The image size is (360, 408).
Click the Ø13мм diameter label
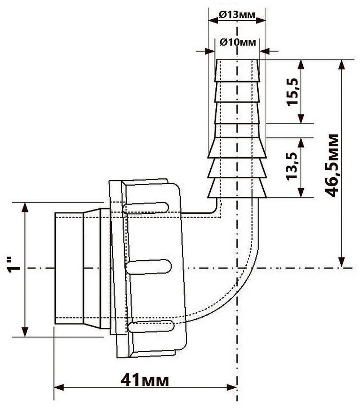coord(237,15)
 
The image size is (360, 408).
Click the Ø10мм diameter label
coord(237,42)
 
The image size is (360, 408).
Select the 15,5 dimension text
coord(292,91)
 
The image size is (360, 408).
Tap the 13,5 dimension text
coord(292,166)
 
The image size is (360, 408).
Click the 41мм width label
coord(145,381)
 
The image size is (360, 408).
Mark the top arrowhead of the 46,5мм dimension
coord(342,65)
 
